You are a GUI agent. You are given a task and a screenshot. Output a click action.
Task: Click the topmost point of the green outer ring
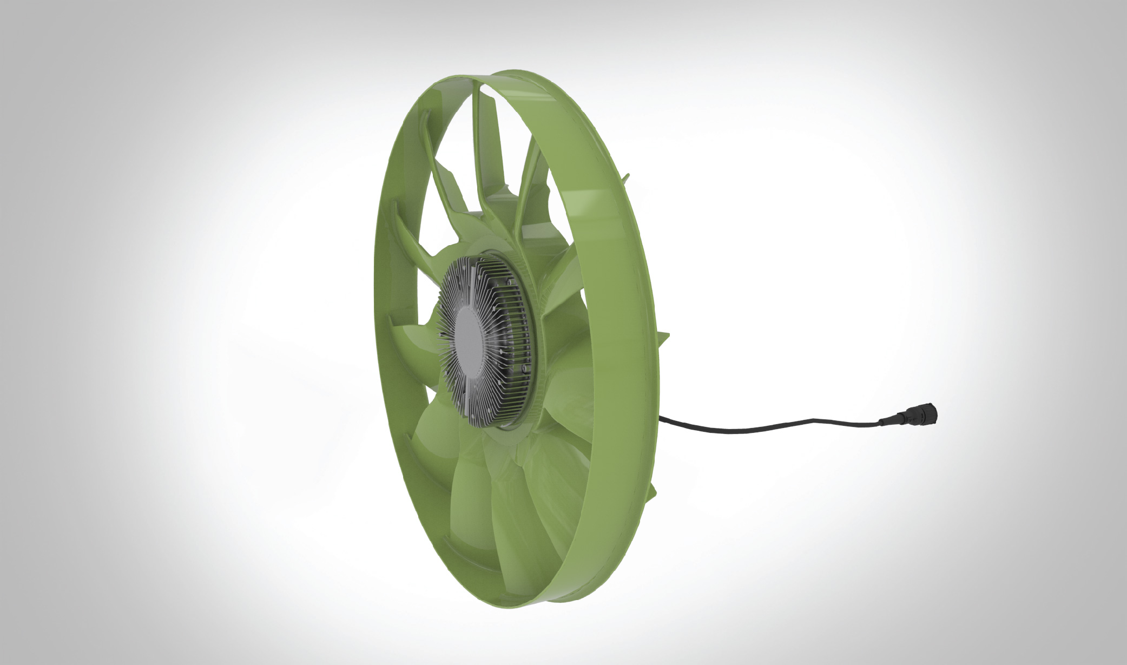point(519,70)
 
